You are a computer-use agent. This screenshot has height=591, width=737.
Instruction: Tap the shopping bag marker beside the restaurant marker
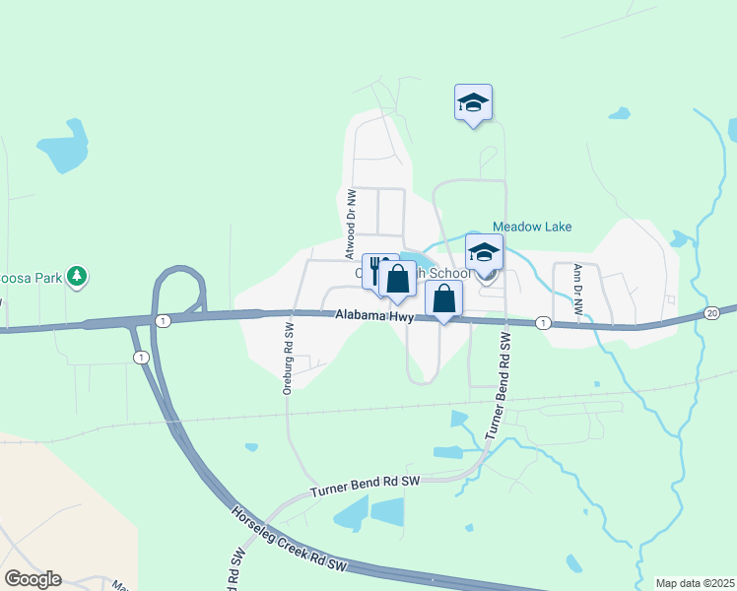point(397,280)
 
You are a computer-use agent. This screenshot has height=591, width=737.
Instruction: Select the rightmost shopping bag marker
point(444,298)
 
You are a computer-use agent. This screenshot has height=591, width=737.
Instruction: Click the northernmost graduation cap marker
point(473,102)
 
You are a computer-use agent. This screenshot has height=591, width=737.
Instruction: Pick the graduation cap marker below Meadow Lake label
point(484,253)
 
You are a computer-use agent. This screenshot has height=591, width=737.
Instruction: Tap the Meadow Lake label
point(532,227)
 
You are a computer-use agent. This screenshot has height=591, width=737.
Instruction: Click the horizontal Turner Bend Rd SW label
point(365,486)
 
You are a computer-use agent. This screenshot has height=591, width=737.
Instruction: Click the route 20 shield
point(712,312)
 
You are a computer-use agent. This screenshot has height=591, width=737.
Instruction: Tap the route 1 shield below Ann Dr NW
point(542,323)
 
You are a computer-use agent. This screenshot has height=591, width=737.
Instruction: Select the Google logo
point(33,579)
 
